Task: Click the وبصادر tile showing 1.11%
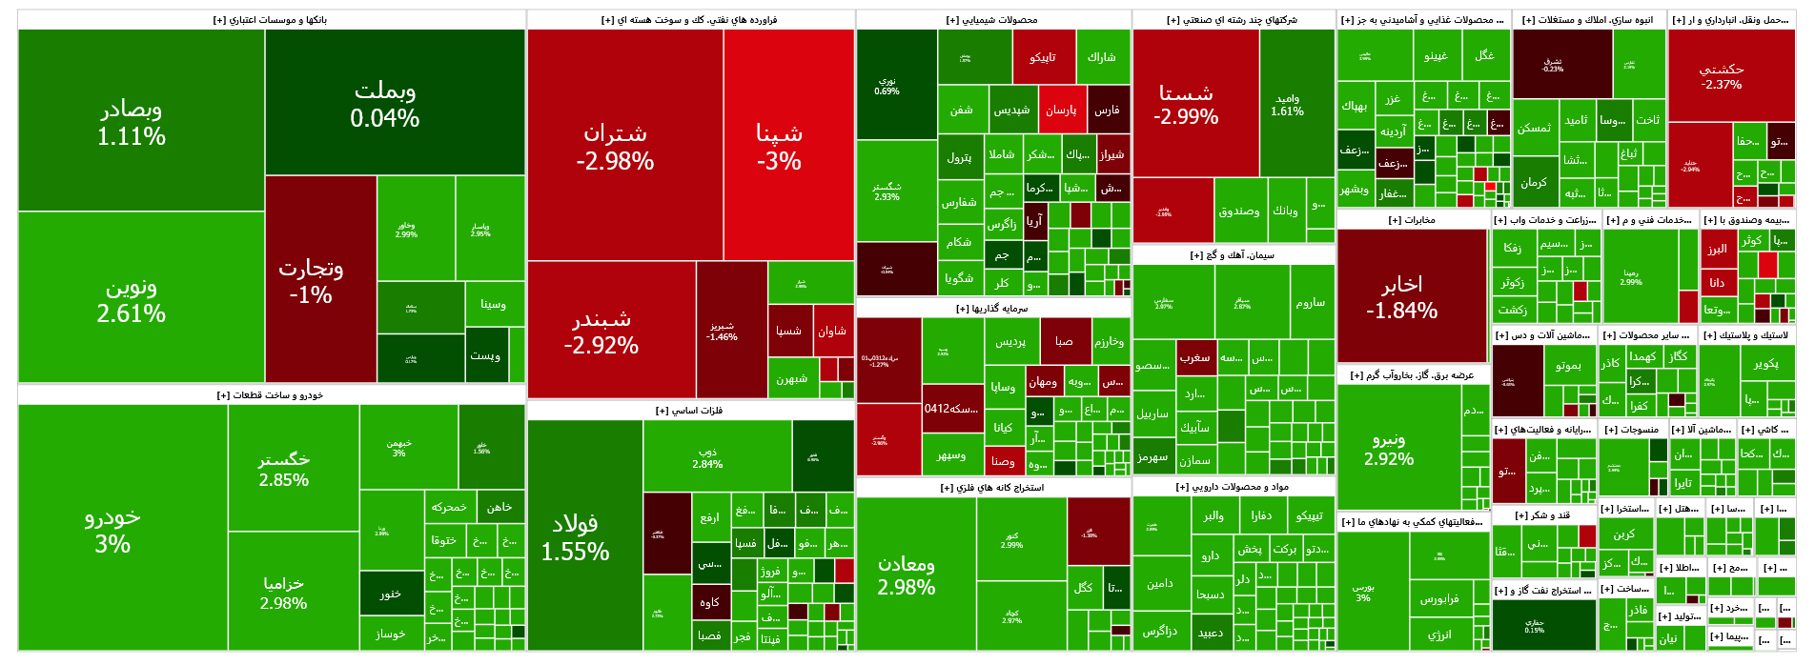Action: pyautogui.click(x=132, y=122)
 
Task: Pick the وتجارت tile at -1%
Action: pyautogui.click(x=311, y=280)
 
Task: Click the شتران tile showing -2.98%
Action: pyautogui.click(x=615, y=146)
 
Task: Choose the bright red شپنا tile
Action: pyautogui.click(x=779, y=146)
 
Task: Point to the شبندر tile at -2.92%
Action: pyautogui.click(x=602, y=331)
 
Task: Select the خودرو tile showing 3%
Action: pyautogui.click(x=112, y=529)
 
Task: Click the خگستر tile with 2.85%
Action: pyautogui.click(x=284, y=469)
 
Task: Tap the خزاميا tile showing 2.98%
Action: pyautogui.click(x=284, y=592)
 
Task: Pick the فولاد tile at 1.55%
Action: pyautogui.click(x=575, y=536)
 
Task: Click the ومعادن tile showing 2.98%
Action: pyautogui.click(x=907, y=574)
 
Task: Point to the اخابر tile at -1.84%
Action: pyautogui.click(x=1401, y=296)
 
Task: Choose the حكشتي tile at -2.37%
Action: pyautogui.click(x=1722, y=76)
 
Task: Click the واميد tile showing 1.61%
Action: pyautogui.click(x=1287, y=104)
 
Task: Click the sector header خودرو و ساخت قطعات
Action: pyautogui.click(x=271, y=395)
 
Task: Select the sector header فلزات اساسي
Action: pyautogui.click(x=689, y=411)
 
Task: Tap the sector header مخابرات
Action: pyautogui.click(x=1413, y=220)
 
